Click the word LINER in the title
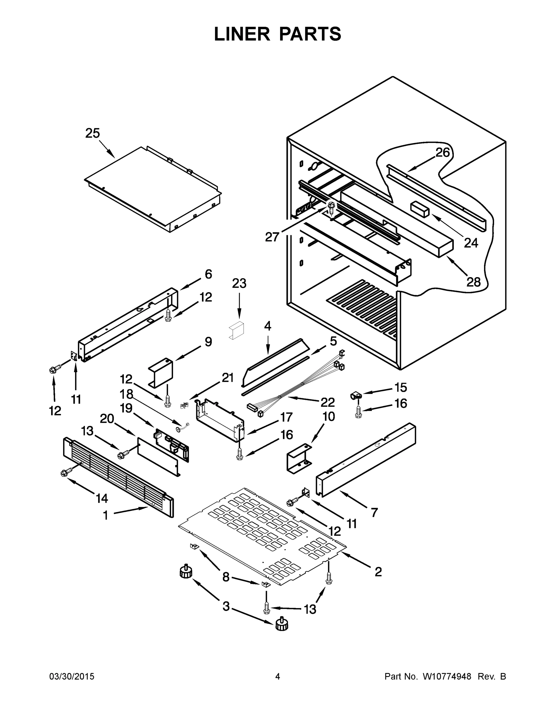242,34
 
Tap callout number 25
92,133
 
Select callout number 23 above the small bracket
239,283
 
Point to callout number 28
473,282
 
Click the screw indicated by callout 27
331,206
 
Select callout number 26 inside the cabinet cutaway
443,152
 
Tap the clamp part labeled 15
356,395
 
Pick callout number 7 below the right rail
374,512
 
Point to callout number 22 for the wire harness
328,402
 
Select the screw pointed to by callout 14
65,473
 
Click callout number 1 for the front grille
105,515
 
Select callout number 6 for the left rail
209,274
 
